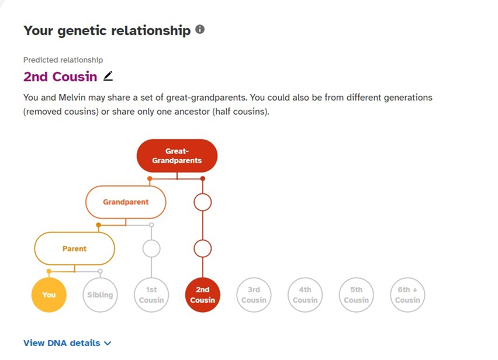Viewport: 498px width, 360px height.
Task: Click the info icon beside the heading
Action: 200,30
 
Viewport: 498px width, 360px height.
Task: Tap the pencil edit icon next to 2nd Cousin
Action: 108,76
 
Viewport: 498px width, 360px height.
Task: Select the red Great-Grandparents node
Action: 177,156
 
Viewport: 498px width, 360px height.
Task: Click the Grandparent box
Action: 126,202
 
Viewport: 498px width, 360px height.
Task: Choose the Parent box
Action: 74,248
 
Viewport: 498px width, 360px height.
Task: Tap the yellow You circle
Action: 49,295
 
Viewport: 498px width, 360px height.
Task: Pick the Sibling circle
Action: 100,295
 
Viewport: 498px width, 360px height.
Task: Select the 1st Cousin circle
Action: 151,295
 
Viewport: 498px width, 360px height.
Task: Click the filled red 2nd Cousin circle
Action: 203,295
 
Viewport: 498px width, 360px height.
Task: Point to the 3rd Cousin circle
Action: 254,295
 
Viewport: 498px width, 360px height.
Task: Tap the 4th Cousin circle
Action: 305,295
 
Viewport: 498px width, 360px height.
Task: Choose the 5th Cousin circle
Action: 357,295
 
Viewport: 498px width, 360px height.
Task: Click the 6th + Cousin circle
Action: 407,295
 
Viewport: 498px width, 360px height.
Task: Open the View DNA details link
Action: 61,343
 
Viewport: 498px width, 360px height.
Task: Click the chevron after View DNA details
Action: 108,343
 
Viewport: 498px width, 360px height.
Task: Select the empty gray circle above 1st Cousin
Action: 151,248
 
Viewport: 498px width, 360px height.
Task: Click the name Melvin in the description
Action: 72,98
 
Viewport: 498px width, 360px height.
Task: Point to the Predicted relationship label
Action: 63,60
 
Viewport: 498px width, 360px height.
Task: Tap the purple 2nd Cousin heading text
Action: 60,77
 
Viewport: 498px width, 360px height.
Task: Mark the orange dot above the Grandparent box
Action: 150,179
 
